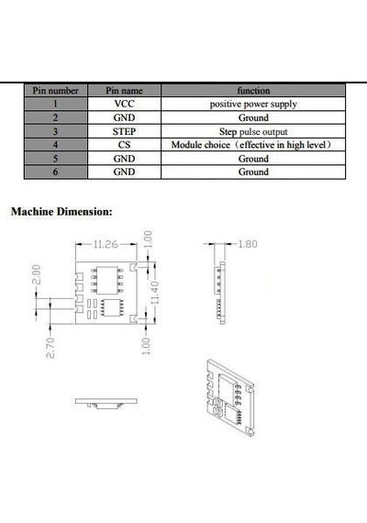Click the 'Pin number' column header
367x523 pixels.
tap(55, 91)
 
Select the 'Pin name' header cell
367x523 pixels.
tap(124, 91)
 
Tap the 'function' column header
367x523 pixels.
tap(253, 91)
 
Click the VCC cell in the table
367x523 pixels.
tap(124, 104)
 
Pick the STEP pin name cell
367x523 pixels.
tap(124, 131)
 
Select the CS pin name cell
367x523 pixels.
tap(124, 145)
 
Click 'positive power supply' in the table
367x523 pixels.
tap(253, 104)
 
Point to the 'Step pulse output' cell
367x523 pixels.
tap(253, 132)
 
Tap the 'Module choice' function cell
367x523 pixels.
tap(252, 145)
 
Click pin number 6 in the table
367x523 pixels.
tap(55, 172)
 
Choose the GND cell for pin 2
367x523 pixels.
tap(124, 117)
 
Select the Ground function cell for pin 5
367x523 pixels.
tap(253, 159)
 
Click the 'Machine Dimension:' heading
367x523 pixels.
tap(61, 212)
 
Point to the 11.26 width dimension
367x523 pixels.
tap(106, 244)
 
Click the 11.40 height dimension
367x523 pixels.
tap(155, 293)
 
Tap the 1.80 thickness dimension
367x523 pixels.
tap(247, 244)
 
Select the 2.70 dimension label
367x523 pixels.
tap(50, 348)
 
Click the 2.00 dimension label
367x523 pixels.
tap(37, 274)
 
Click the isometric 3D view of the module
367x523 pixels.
tap(230, 397)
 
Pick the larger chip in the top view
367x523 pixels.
tap(107, 280)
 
